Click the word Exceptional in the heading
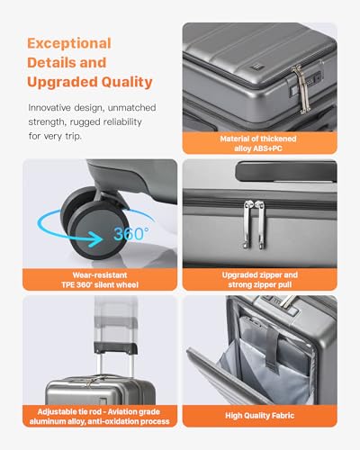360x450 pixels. point(69,44)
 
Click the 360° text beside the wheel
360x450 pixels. point(131,233)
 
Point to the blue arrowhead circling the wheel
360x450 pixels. point(97,239)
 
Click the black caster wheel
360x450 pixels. point(94,223)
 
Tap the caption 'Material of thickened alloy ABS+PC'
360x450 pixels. point(258,143)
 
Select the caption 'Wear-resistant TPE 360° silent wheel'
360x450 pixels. point(100,280)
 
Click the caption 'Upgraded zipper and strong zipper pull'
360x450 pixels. point(260,280)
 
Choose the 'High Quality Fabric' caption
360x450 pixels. point(260,416)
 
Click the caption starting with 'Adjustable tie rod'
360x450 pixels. point(100,417)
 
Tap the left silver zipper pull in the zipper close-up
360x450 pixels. point(247,224)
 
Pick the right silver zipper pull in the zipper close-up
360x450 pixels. point(262,224)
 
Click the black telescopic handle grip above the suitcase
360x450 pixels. point(116,347)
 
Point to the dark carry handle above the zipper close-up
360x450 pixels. point(286,171)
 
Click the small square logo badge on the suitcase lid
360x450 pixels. point(255,67)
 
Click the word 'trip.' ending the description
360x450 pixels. point(74,137)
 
